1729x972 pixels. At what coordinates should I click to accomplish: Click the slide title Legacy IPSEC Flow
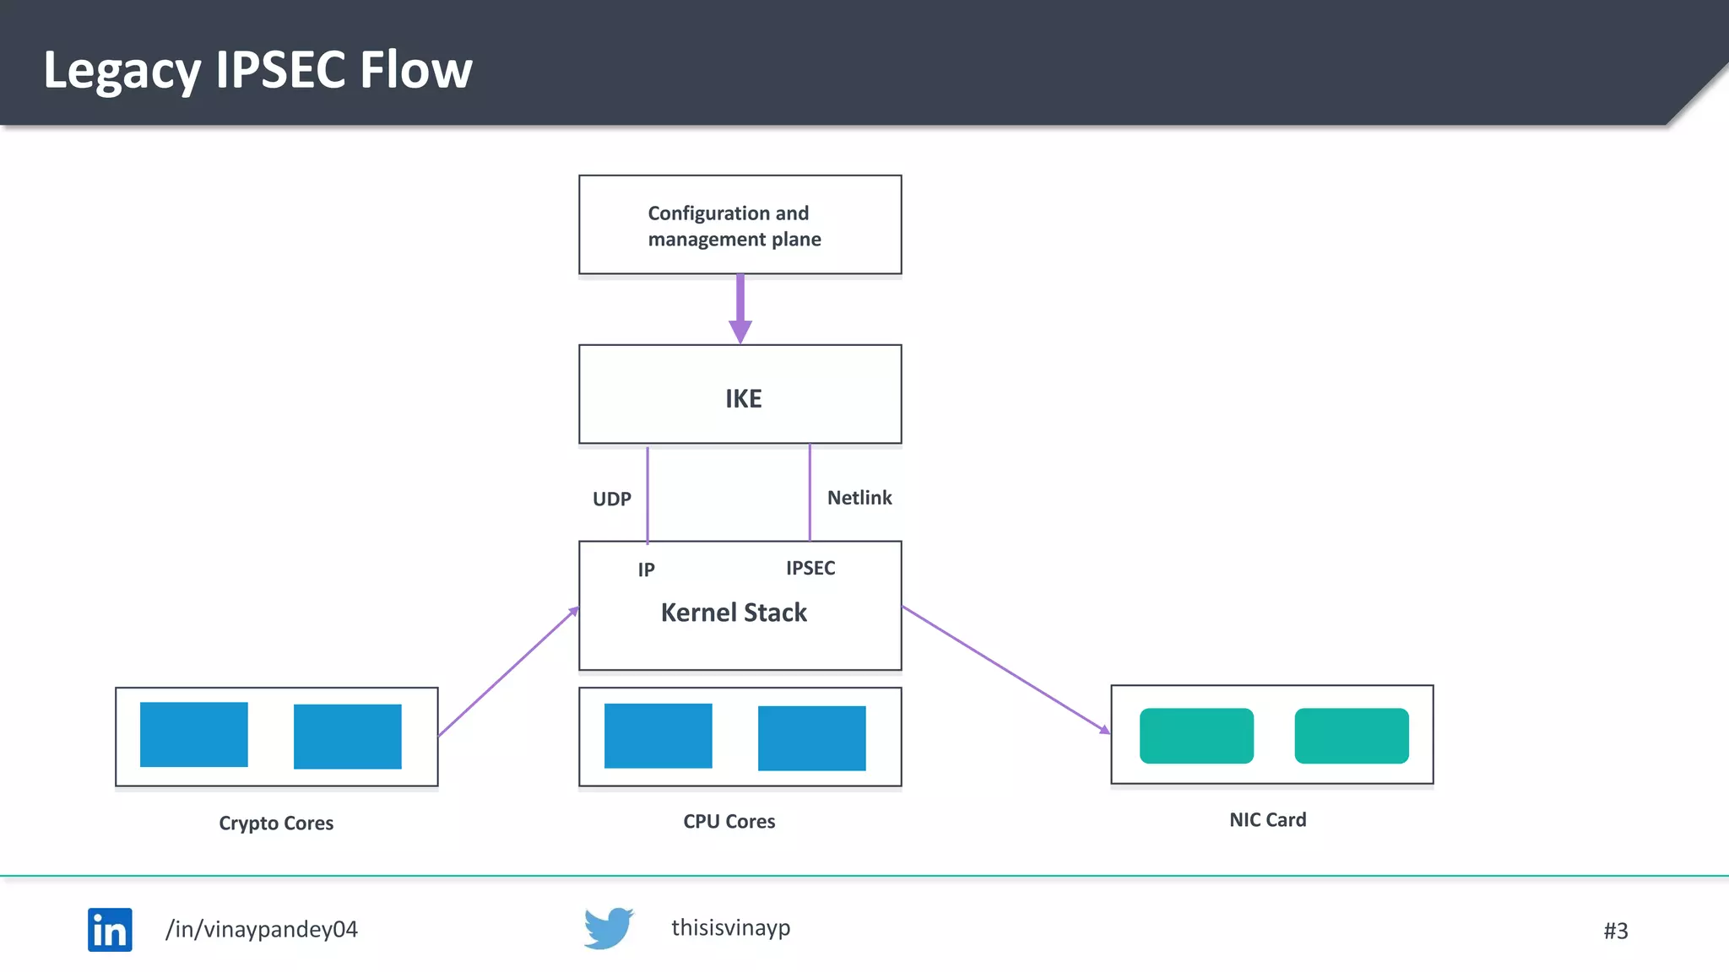[x=257, y=71]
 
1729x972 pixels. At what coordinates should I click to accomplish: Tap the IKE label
[x=744, y=398]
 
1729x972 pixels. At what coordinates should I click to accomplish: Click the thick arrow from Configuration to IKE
[x=740, y=309]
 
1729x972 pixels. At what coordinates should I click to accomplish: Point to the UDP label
[x=612, y=499]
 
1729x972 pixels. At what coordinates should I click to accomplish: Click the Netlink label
[x=859, y=498]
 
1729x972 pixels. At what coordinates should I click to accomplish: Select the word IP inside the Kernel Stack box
[x=647, y=570]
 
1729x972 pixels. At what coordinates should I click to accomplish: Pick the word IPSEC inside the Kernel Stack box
[x=810, y=568]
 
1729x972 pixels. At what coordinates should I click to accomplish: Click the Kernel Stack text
[x=734, y=613]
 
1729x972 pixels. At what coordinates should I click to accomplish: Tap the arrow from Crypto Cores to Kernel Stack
[x=509, y=672]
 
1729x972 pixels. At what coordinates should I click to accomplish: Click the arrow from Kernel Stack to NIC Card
[x=1006, y=670]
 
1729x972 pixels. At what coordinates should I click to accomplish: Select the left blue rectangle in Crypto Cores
[x=194, y=735]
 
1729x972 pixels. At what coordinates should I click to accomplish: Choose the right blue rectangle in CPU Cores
[x=812, y=738]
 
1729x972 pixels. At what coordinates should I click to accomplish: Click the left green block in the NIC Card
[x=1196, y=736]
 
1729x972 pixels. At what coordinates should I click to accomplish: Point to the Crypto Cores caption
[x=276, y=823]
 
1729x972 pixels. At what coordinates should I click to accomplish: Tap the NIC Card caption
[x=1268, y=819]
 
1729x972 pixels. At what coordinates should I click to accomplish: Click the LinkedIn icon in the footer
[x=110, y=930]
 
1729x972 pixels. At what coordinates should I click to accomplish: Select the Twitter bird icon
[x=609, y=928]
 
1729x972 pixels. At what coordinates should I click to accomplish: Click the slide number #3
[x=1616, y=931]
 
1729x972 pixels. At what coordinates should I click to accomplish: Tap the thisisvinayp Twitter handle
[x=731, y=928]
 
